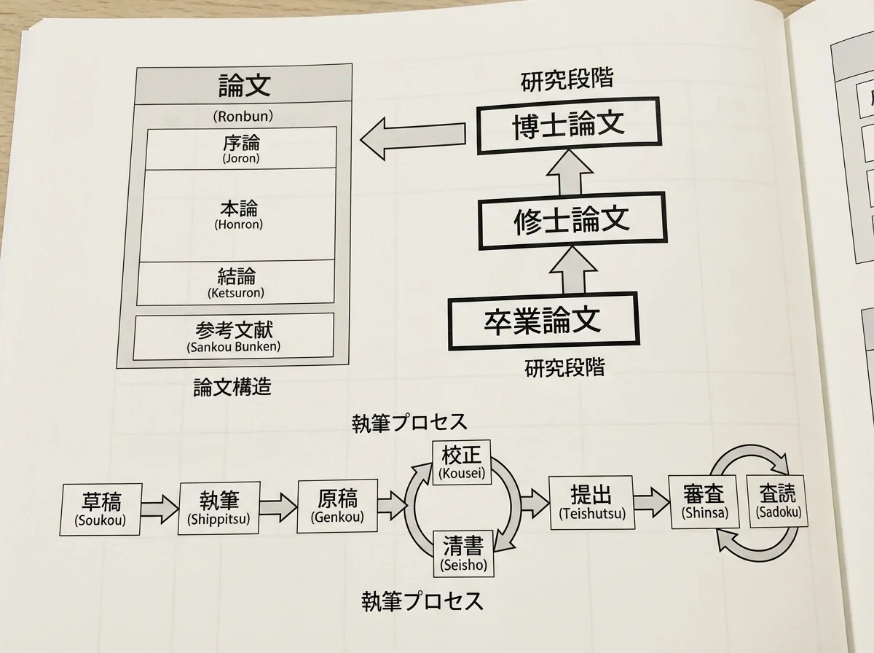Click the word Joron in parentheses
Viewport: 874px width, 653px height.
point(241,157)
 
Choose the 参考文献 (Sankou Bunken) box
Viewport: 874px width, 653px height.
point(234,337)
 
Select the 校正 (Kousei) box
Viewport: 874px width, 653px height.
point(462,462)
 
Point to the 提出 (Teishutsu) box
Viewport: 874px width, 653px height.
point(589,501)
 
